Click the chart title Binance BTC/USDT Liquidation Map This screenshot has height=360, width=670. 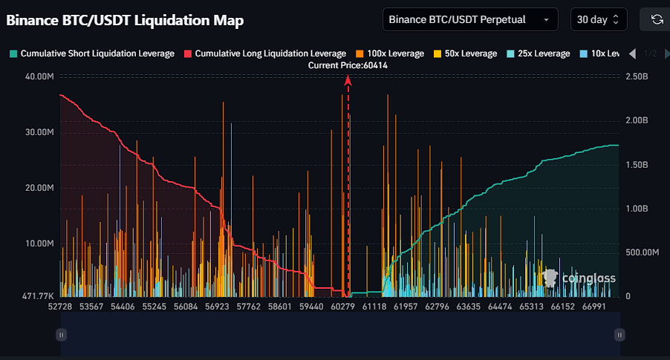point(125,21)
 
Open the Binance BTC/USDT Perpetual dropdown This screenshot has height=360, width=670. point(470,19)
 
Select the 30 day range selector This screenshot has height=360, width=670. point(599,19)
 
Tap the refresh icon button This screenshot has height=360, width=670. point(657,19)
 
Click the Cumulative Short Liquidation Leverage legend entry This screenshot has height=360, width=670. point(92,53)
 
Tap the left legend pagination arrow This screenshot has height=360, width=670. point(632,53)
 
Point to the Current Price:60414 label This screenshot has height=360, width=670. point(348,65)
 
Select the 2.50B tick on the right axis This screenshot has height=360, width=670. point(637,76)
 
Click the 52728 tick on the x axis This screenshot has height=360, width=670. point(60,306)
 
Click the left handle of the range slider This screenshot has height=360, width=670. point(62,335)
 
